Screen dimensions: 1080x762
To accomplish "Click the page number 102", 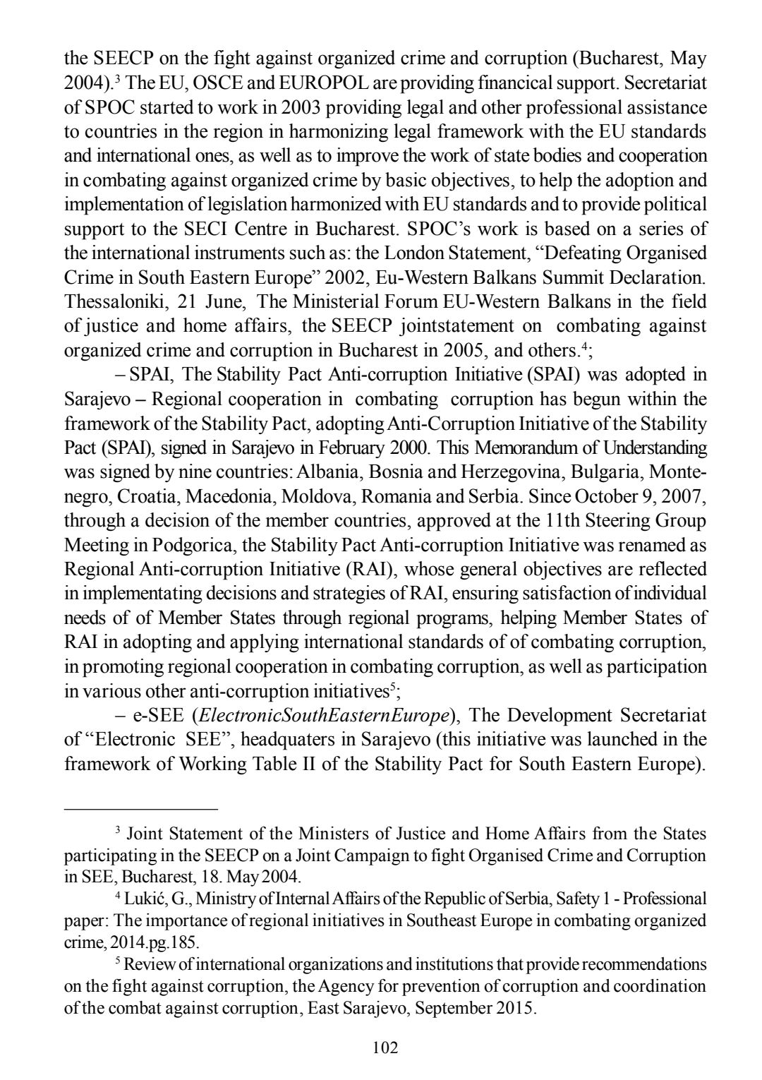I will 385,1047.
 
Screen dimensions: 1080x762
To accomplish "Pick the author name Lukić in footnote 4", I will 144,899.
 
